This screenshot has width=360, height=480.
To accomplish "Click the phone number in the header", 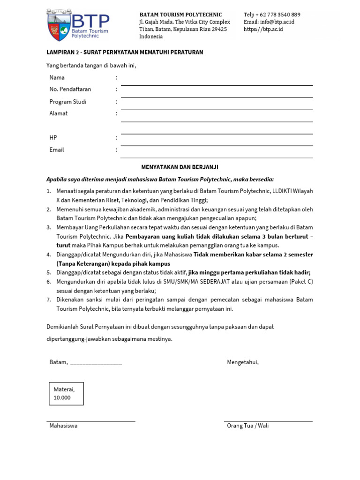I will (x=272, y=15).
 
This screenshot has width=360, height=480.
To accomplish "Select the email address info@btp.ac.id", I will (x=269, y=22).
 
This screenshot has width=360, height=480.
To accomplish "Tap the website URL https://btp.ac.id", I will (x=263, y=29).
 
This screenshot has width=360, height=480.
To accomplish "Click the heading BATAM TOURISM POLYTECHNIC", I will (x=180, y=15).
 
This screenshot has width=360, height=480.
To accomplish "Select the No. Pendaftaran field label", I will (x=70, y=89).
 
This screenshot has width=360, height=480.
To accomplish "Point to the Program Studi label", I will (x=68, y=102).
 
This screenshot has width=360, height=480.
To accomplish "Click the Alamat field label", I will (x=59, y=113).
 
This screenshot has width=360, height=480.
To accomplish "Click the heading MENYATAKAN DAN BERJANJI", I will (x=180, y=167).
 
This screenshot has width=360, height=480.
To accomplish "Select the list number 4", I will (x=49, y=255).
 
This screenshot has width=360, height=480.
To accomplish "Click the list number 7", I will (x=49, y=300).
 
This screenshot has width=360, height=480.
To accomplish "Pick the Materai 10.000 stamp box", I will (x=66, y=393).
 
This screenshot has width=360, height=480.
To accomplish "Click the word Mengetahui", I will (x=243, y=362).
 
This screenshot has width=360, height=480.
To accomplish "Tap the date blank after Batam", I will (x=96, y=363).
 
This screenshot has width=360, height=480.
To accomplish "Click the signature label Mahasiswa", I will (x=64, y=426).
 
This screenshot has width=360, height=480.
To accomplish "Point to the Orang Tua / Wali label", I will (x=248, y=426).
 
